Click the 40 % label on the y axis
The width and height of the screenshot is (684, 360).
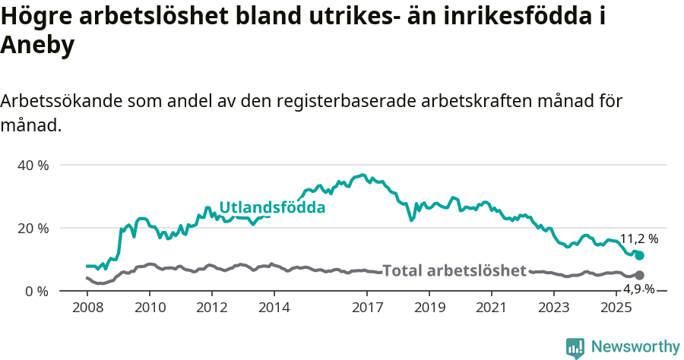click(33, 165)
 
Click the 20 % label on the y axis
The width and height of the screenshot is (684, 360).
click(33, 228)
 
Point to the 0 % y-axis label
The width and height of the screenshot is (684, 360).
click(36, 291)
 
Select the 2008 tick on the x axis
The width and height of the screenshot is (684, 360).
click(87, 308)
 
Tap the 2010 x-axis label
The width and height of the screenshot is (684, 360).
click(149, 308)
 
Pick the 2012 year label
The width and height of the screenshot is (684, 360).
click(211, 308)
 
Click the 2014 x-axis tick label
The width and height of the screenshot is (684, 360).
click(274, 308)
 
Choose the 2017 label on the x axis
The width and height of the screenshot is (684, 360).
click(367, 308)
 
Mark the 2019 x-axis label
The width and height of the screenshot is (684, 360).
click(429, 308)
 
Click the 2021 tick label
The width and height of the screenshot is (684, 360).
click(492, 308)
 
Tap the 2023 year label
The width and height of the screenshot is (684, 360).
click(554, 308)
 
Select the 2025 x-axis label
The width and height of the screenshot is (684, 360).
click(616, 308)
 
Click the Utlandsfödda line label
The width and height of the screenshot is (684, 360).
click(272, 207)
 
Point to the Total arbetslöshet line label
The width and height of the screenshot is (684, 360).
click(454, 270)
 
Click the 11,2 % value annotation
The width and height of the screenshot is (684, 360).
click(639, 238)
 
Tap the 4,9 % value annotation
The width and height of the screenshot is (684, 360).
click(639, 289)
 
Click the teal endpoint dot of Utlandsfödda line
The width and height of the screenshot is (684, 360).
click(639, 256)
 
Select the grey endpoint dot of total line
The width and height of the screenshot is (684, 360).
click(639, 275)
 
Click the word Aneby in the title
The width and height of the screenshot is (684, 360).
click(37, 46)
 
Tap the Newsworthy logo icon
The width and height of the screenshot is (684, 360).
click(575, 348)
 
